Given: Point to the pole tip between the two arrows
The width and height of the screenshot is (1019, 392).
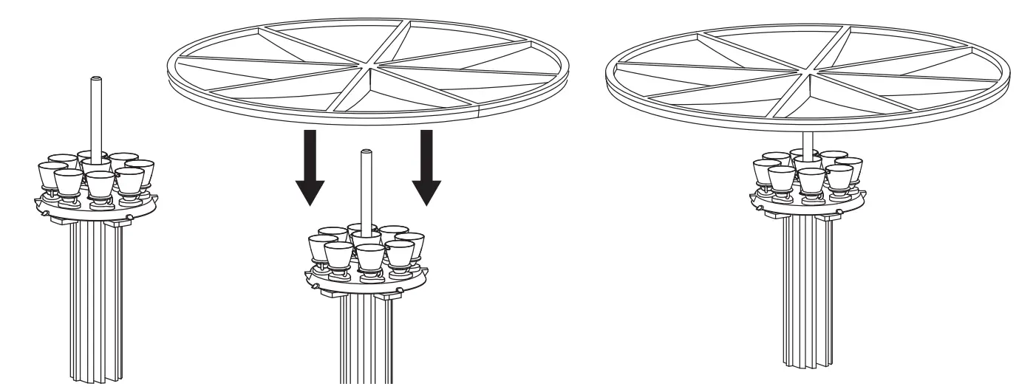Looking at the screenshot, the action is tap(364, 153).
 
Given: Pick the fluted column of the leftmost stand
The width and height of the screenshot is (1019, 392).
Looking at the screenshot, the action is tap(96, 295).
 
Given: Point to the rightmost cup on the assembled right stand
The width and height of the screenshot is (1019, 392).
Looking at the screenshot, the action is tap(849, 169).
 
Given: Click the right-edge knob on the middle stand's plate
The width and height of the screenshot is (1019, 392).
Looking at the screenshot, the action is tap(400, 289).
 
